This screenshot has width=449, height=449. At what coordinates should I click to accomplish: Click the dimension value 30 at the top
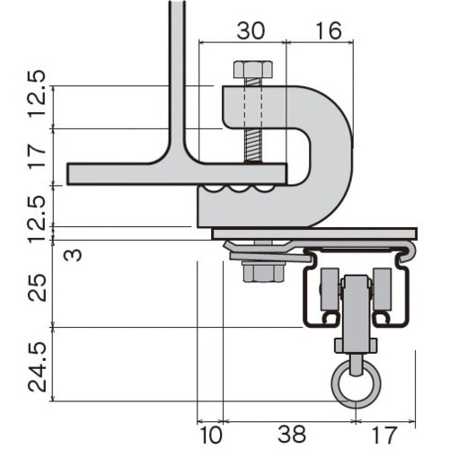pyautogui.click(x=251, y=31)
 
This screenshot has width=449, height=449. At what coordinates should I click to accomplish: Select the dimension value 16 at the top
pyautogui.click(x=329, y=31)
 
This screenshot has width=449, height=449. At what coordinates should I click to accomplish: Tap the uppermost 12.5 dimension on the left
pyautogui.click(x=37, y=94)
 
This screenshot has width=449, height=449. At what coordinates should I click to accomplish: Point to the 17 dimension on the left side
pyautogui.click(x=37, y=156)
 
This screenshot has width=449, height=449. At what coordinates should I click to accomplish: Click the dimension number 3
pyautogui.click(x=73, y=255)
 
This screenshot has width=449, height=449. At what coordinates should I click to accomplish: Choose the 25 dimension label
pyautogui.click(x=37, y=287)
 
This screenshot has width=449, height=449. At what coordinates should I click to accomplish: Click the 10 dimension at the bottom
pyautogui.click(x=211, y=435)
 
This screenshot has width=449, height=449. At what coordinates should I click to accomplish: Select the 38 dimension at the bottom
pyautogui.click(x=292, y=435)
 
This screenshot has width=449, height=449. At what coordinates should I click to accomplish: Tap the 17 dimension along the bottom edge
pyautogui.click(x=384, y=435)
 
